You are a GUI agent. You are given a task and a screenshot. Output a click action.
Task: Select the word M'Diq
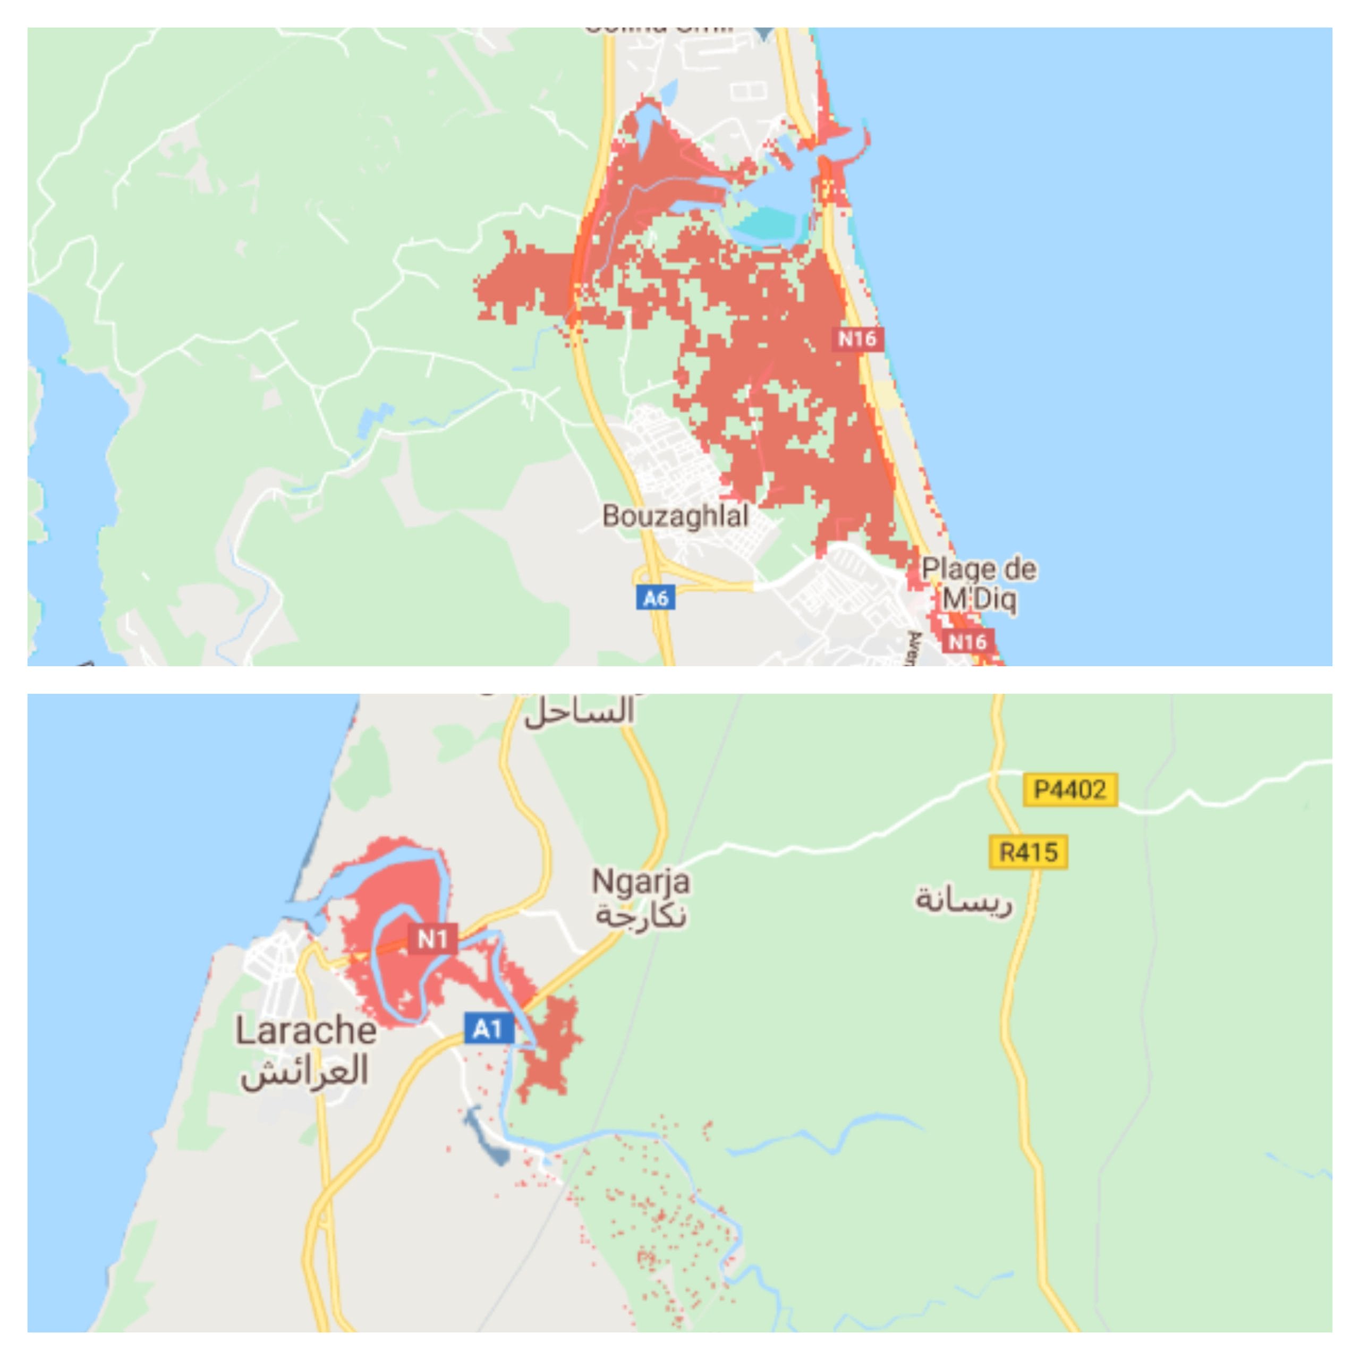979,600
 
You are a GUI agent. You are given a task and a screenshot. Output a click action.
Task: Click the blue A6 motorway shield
656,598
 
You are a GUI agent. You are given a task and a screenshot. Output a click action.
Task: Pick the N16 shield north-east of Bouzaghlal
857,339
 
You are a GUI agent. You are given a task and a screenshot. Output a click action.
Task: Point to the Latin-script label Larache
305,1031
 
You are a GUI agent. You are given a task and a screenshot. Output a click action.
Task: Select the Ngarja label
641,881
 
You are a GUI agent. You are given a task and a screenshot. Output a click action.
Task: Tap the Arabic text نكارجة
641,915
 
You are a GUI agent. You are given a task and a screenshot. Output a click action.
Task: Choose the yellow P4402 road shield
1069,790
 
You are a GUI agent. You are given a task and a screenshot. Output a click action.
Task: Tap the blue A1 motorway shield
489,1028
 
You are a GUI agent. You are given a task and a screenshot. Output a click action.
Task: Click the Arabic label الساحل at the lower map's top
579,711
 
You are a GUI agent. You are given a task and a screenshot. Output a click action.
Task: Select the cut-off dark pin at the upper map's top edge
764,33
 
